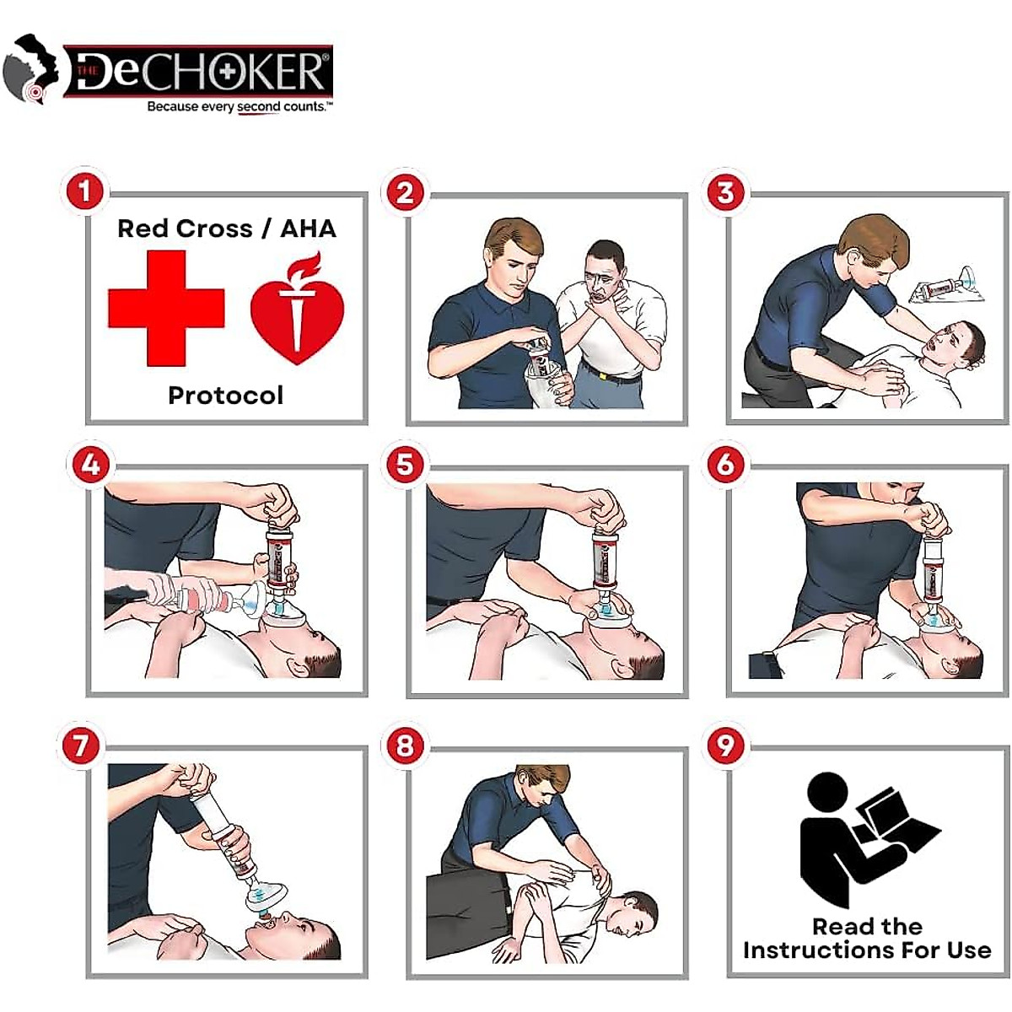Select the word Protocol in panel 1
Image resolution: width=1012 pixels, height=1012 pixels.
pyautogui.click(x=225, y=396)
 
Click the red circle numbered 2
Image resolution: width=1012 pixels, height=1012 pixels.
pyautogui.click(x=405, y=192)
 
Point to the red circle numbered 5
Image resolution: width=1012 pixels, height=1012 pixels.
pyautogui.click(x=405, y=465)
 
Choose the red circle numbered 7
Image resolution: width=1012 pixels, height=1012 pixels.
pyautogui.click(x=81, y=746)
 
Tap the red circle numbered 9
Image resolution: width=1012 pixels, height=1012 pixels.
pyautogui.click(x=726, y=746)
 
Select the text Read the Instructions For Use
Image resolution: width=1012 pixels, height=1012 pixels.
pyautogui.click(x=867, y=939)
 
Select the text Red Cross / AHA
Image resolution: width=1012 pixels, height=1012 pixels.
pyautogui.click(x=226, y=229)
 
